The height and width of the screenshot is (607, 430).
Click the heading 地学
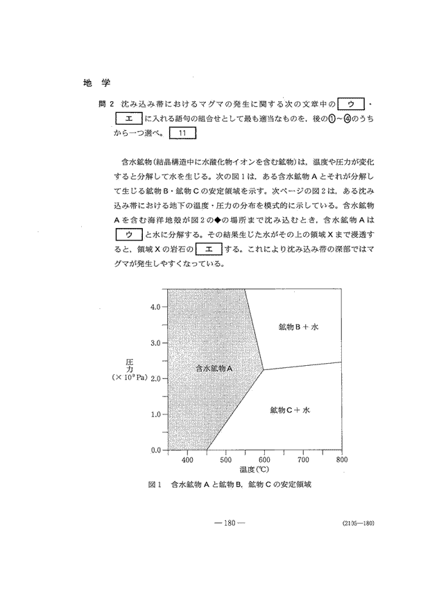(92, 83)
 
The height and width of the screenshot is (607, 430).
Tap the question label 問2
(108, 105)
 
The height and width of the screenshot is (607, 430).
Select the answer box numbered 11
(182, 132)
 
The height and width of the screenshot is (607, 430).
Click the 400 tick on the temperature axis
(187, 459)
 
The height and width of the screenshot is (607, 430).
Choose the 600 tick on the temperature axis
(264, 459)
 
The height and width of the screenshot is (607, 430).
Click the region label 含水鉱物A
(213, 369)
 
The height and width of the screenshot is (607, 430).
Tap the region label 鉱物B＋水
(298, 326)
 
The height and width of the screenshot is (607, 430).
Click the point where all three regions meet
(263, 370)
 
